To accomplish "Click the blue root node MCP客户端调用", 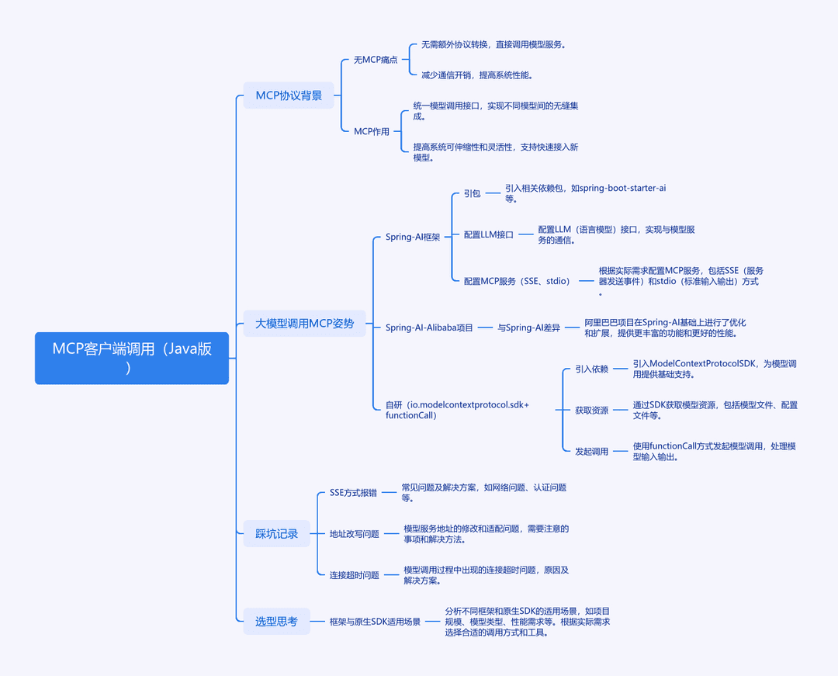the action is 131,358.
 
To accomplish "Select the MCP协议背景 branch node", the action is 289,95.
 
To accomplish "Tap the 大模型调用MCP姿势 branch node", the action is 305,324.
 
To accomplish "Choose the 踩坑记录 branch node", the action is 276,533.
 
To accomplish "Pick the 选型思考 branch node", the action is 276,621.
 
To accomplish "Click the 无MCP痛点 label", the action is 376,60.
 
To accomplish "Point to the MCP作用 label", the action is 372,131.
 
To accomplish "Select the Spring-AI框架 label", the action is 413,237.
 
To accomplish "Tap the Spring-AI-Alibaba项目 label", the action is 429,328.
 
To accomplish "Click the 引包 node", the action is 472,193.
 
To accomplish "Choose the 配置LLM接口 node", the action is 489,234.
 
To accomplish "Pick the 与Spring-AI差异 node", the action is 528,328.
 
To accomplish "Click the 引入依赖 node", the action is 591,369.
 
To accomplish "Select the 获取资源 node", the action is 591,411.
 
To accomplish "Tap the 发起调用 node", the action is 591,452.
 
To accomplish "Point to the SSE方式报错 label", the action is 353,493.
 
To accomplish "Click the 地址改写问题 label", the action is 355,534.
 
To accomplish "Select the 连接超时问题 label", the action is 355,575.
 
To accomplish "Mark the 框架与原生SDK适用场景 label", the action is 375,622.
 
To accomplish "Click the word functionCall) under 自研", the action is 411,415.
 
